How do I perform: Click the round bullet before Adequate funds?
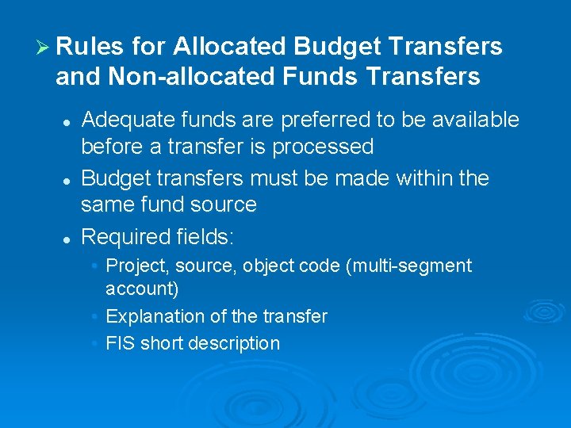click(x=68, y=122)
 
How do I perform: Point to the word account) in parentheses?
click(x=142, y=289)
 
